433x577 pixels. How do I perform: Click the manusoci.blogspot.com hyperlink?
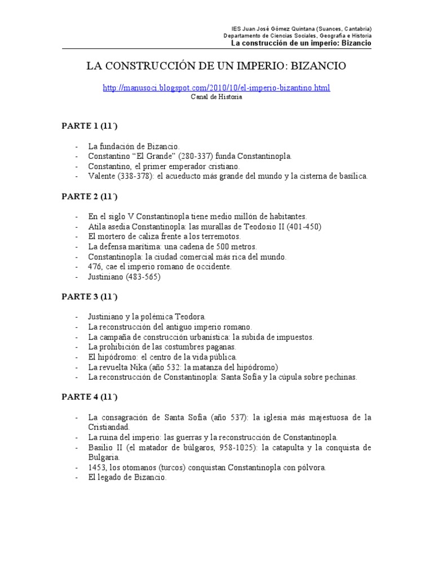216,88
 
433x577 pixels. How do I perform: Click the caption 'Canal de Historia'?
216,97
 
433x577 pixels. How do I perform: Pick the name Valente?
102,176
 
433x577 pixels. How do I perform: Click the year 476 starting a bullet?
95,267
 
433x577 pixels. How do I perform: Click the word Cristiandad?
109,427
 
